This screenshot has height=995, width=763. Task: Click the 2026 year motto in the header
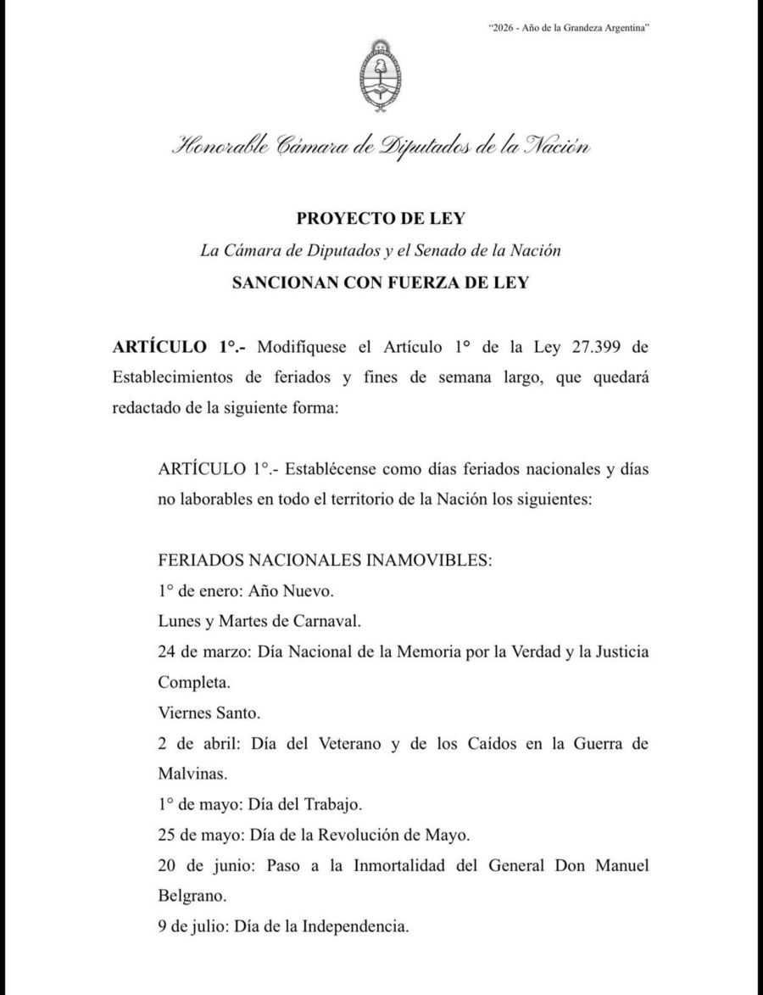point(571,28)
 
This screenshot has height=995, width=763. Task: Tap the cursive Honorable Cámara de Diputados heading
point(381,147)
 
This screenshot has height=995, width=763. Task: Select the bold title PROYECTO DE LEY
point(381,219)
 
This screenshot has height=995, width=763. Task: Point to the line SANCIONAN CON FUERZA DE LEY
point(381,283)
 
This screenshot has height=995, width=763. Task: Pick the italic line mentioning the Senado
point(381,251)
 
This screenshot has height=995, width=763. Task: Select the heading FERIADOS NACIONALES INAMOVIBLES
point(325,562)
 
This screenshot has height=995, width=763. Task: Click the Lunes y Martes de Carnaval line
point(259,620)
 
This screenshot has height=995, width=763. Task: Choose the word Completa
point(192,681)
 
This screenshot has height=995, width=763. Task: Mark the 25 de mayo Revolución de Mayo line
point(313,835)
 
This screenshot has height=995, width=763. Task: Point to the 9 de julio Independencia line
point(283,926)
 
